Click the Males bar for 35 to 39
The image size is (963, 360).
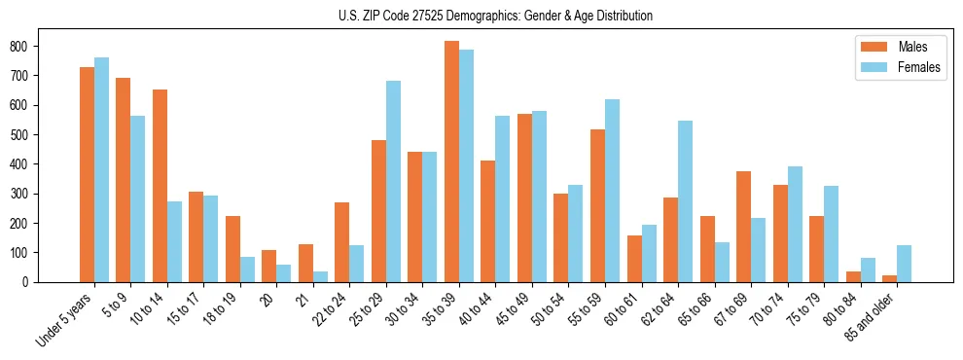pos(452,162)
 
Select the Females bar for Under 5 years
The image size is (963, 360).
pos(102,170)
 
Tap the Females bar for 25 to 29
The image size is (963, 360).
pos(394,181)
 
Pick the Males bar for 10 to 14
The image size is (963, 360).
pos(160,186)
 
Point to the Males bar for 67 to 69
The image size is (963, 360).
pos(744,227)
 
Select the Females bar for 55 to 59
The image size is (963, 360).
pos(613,191)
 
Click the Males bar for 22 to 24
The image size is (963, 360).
pos(342,242)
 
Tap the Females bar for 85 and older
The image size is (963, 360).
pos(905,264)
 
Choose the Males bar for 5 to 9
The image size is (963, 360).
pos(124,180)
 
